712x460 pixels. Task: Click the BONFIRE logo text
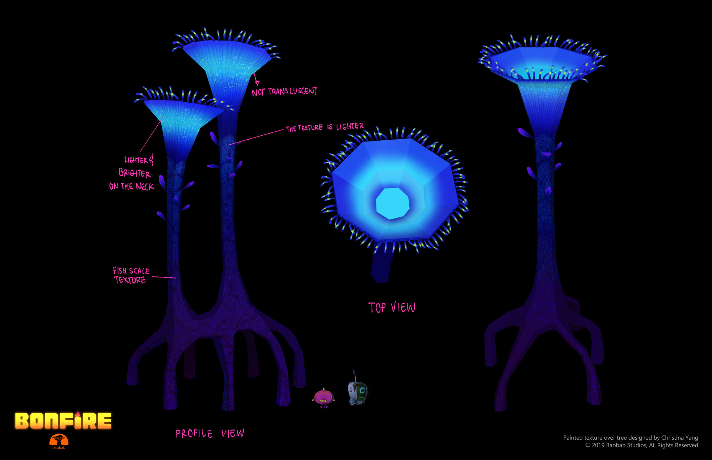point(63,421)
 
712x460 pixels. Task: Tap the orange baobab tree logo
point(59,440)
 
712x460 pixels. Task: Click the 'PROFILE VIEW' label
point(210,433)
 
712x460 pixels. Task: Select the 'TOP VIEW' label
point(392,307)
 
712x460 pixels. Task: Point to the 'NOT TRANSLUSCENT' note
point(284,91)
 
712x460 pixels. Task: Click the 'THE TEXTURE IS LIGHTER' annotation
point(324,127)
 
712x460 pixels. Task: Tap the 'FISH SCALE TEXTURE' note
point(131,276)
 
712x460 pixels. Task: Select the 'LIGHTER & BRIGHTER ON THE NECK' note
point(133,173)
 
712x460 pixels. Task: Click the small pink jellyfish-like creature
point(324,397)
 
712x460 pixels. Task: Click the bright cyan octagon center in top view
point(392,203)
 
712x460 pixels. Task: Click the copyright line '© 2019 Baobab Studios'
point(642,445)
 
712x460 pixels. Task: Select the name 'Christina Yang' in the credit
point(679,438)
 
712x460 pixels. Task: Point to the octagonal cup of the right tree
point(541,63)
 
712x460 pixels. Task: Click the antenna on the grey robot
point(355,375)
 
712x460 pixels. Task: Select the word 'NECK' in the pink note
point(145,186)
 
